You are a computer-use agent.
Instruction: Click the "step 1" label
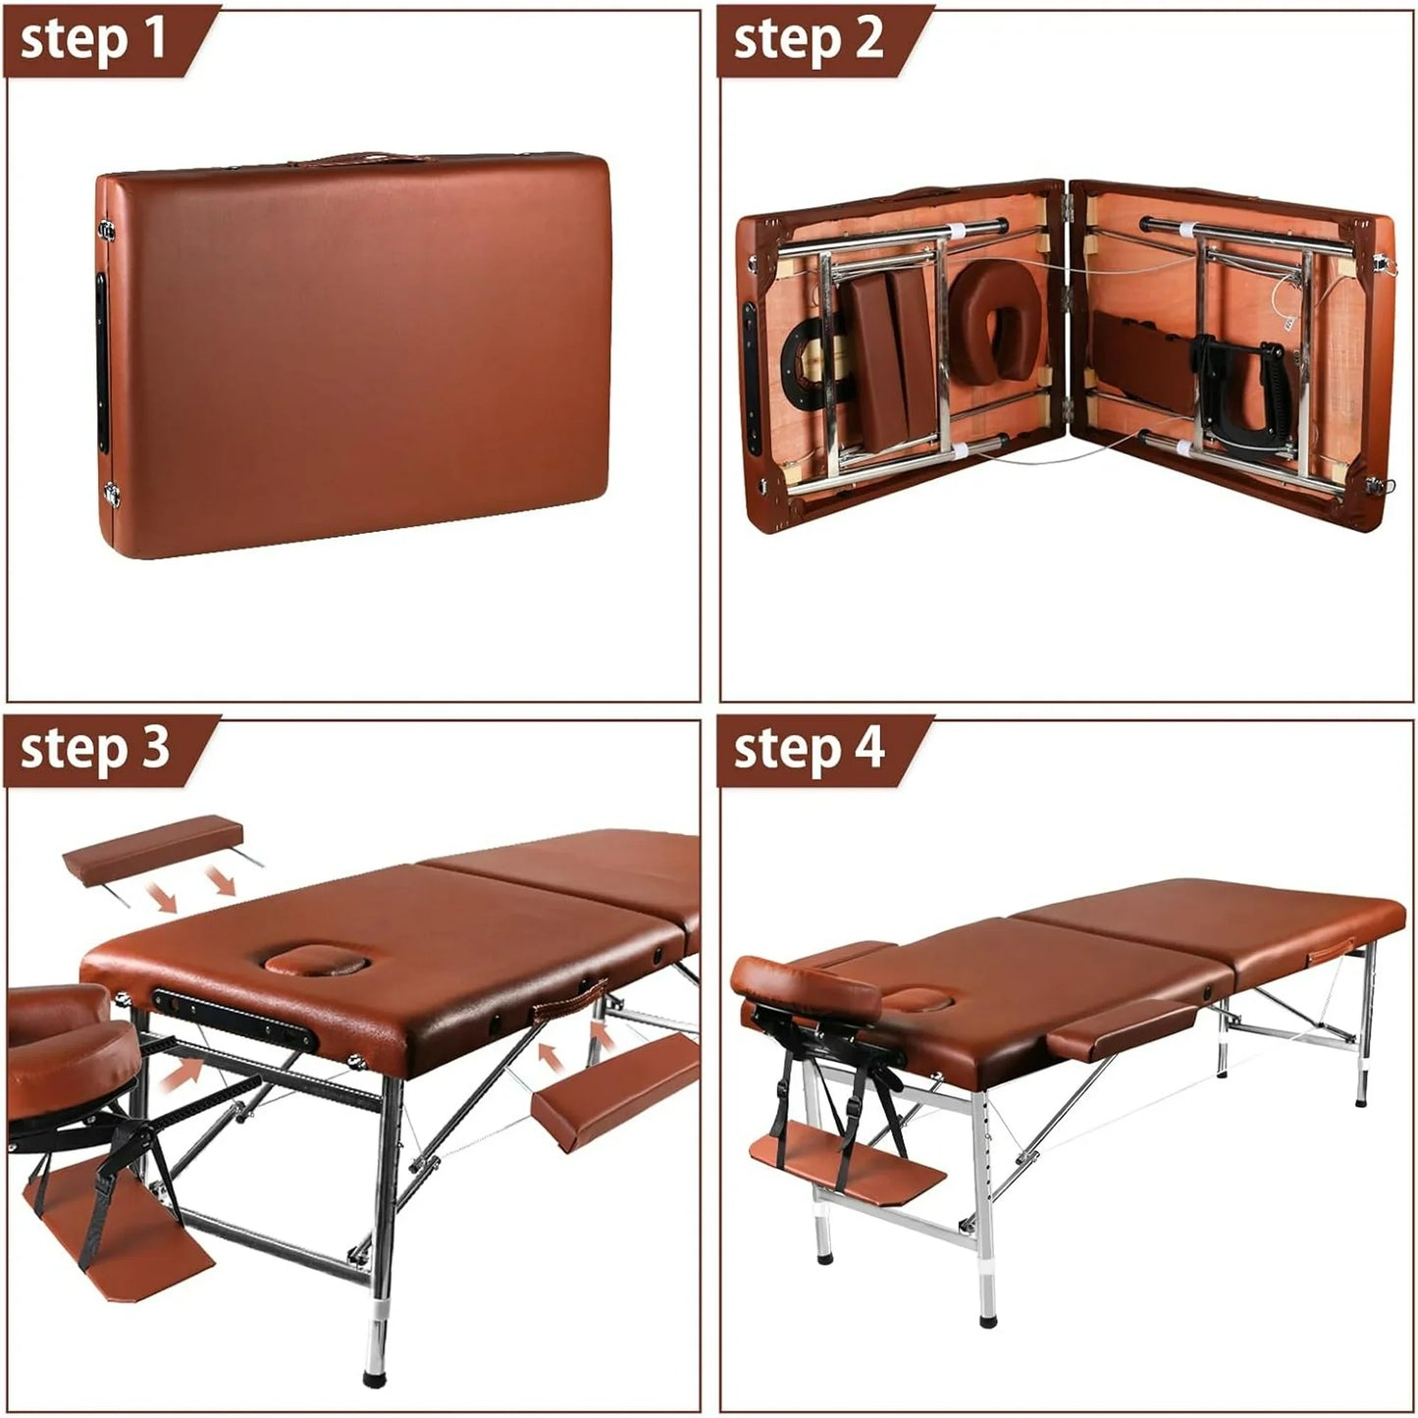93,40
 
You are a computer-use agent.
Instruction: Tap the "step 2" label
808,40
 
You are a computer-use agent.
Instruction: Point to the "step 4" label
809,750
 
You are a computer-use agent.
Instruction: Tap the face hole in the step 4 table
917,1000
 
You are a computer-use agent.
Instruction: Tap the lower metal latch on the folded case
113,494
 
